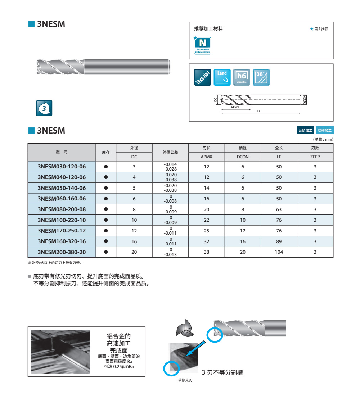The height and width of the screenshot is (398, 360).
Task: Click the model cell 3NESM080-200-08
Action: (x=62, y=209)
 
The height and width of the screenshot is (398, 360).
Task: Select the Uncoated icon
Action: (x=203, y=77)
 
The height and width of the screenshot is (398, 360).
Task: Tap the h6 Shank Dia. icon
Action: (x=242, y=77)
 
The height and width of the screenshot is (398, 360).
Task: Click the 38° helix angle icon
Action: (x=261, y=77)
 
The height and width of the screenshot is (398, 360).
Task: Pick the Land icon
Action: (x=222, y=77)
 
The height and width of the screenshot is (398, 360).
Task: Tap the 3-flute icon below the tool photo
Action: (x=44, y=108)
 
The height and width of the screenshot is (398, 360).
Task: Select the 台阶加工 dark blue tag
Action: (x=305, y=130)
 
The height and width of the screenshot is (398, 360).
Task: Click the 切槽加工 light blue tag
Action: (x=325, y=130)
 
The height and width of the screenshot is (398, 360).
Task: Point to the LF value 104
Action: (x=279, y=252)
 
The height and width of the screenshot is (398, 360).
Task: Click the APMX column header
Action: (x=206, y=157)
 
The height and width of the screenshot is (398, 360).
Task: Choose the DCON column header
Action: (x=243, y=157)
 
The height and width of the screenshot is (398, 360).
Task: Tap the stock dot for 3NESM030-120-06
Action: (x=106, y=167)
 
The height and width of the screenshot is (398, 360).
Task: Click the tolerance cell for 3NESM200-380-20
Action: (x=171, y=252)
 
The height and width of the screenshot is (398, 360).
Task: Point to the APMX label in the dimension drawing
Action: (x=235, y=107)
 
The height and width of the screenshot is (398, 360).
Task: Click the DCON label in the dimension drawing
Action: (x=305, y=100)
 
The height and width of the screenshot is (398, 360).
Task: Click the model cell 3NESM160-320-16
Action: (x=62, y=241)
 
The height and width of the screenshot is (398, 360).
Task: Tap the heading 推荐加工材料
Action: (x=208, y=28)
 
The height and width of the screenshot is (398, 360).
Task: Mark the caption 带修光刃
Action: (x=185, y=380)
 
